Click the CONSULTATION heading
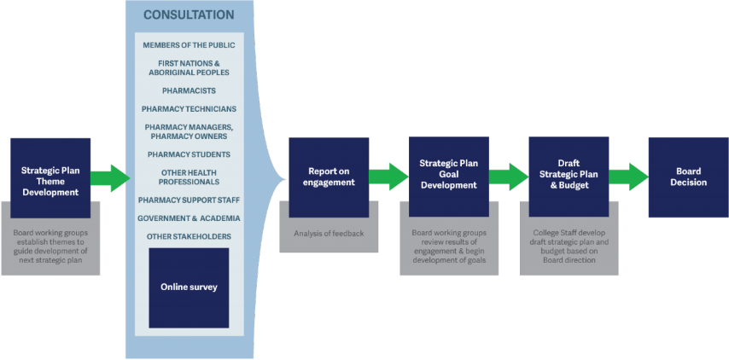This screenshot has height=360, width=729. (189, 15)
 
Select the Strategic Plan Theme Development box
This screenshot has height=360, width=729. (50, 178)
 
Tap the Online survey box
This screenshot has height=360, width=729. (189, 288)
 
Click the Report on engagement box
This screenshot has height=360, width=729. (329, 177)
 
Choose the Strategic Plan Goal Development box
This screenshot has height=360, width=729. (449, 177)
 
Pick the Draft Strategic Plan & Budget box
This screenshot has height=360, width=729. (569, 177)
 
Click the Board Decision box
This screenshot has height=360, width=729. (689, 177)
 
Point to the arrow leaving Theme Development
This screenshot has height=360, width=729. (111, 178)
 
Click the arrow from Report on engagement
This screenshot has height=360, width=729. (388, 177)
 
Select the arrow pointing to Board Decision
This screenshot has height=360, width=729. (628, 177)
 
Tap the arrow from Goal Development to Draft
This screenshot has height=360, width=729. (509, 177)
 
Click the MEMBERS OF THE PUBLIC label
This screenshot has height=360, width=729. (189, 45)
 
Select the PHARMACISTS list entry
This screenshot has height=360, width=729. (189, 90)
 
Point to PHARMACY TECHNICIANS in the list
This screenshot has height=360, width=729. (189, 108)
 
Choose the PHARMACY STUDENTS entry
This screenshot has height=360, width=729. (189, 154)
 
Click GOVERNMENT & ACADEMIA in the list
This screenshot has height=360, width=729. (189, 218)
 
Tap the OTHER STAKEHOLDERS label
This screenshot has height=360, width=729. (189, 236)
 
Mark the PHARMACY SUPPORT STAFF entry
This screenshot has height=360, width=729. (189, 200)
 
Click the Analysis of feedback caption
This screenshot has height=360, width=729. (329, 233)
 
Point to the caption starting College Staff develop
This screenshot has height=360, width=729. (569, 247)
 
